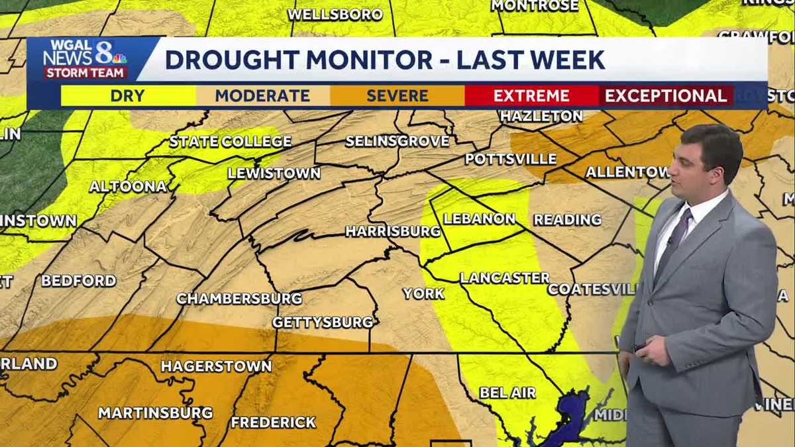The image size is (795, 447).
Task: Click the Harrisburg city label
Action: point(393,231)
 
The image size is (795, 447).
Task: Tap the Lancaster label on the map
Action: point(505,278)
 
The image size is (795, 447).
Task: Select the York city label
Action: point(423,293)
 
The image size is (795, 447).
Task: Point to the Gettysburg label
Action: point(323,323)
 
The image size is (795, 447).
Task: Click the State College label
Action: point(231,141)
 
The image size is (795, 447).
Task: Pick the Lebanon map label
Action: point(480,219)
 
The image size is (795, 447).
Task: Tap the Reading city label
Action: point(568,219)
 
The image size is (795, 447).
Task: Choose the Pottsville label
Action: point(511,159)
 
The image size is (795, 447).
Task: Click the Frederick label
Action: point(274,422)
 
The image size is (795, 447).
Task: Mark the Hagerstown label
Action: point(216,366)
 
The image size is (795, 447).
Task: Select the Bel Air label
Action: point(507,393)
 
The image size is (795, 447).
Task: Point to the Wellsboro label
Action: point(335,14)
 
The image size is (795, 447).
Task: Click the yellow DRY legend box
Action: point(128,95)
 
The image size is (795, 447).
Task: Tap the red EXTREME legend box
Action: point(531,95)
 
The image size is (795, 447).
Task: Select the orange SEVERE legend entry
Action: point(397,95)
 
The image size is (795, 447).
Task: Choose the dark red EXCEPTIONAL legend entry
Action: point(666,95)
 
